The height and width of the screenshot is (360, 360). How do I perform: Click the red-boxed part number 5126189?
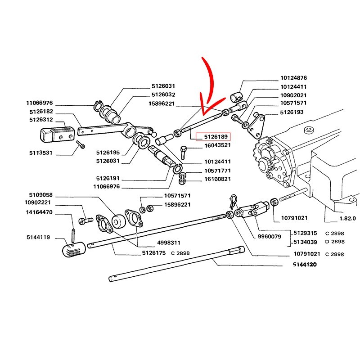click(x=216, y=137)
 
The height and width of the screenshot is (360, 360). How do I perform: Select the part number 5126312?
click(x=41, y=120)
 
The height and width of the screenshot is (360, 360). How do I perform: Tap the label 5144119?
click(x=38, y=237)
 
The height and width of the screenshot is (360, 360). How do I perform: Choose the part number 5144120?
click(x=305, y=265)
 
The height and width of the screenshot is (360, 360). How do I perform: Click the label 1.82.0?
click(x=347, y=219)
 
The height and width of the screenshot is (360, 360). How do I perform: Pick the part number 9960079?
click(x=269, y=236)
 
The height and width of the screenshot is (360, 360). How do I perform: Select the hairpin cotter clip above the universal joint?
click(x=234, y=201)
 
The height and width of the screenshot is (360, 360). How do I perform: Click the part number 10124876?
click(x=294, y=78)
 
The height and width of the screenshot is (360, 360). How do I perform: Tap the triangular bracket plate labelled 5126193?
click(x=256, y=126)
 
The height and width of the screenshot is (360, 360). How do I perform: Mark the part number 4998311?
click(x=169, y=243)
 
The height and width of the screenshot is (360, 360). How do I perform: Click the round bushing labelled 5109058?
click(x=119, y=221)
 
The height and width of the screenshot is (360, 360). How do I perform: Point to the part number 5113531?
click(x=41, y=153)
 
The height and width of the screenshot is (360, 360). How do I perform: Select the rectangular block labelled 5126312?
click(x=58, y=134)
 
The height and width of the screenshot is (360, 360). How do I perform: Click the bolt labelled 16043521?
click(x=183, y=153)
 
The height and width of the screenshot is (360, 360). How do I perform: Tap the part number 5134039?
click(x=305, y=242)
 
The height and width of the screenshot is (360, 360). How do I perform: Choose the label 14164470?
click(x=39, y=212)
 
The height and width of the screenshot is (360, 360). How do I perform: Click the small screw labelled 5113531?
click(x=81, y=144)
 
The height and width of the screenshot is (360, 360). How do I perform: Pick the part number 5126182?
click(x=41, y=112)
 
